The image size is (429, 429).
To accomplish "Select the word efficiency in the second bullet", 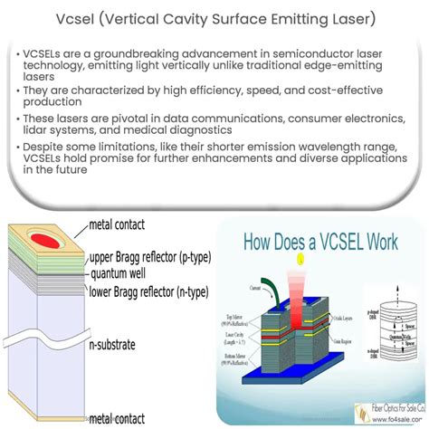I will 241,92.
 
